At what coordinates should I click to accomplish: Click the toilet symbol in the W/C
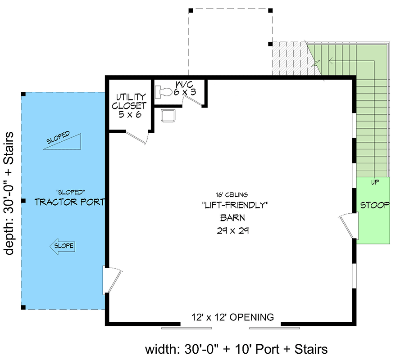click(x=163, y=92)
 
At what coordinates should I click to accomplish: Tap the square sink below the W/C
click(x=168, y=115)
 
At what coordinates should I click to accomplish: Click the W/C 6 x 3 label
click(x=179, y=89)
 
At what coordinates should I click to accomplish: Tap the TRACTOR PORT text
click(x=70, y=202)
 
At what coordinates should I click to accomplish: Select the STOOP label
click(x=375, y=205)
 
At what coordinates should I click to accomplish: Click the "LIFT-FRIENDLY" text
click(x=235, y=205)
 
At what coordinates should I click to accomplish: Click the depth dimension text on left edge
click(x=10, y=193)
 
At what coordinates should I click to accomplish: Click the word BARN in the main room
click(x=232, y=218)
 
